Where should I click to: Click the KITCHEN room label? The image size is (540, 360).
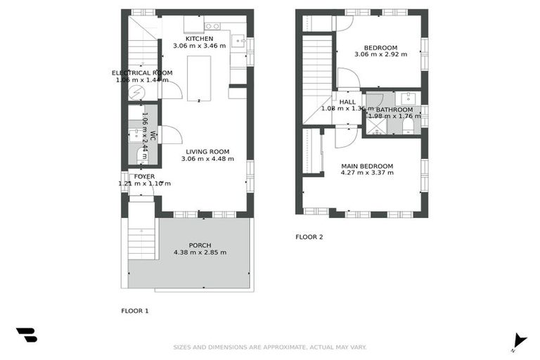tap(199, 38)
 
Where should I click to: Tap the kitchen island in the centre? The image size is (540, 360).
tap(198, 77)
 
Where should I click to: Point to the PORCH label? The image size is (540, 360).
tap(200, 245)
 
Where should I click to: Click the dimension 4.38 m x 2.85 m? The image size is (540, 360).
tap(200, 253)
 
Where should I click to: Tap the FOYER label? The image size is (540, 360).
tap(144, 176)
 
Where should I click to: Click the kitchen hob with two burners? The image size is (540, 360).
tap(212, 27)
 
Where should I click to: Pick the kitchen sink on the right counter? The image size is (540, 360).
tap(239, 41)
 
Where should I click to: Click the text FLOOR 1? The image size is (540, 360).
tap(135, 310)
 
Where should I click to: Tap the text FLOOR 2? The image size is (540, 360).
tap(309, 237)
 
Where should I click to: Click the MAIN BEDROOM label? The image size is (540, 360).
tap(367, 167)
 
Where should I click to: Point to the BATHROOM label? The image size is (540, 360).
tap(394, 110)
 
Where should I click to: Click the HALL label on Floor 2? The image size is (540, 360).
tap(347, 102)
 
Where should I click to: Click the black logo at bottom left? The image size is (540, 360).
tap(27, 335)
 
